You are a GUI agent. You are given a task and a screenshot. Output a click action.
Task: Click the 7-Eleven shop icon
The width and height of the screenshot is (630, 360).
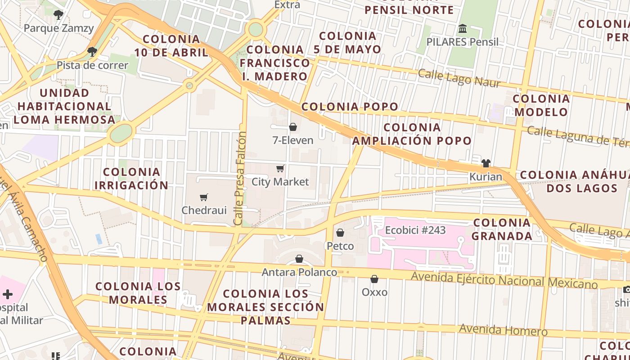293,127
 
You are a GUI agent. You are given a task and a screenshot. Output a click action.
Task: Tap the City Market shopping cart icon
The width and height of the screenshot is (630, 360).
280,169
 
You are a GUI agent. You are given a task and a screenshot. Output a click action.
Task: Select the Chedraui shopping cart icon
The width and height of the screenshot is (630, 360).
204,197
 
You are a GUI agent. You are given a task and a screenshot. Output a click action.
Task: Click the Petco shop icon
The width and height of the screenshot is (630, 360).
340,233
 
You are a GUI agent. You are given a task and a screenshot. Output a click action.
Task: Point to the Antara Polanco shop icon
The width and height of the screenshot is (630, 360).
299,259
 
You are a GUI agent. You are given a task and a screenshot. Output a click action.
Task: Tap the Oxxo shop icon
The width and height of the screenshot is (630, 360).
374,279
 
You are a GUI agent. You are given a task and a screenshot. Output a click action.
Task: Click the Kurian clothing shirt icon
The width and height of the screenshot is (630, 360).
486,163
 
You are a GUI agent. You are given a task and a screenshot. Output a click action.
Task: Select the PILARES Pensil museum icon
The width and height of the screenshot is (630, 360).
462,29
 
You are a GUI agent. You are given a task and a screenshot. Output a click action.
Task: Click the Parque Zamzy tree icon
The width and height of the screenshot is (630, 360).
58,15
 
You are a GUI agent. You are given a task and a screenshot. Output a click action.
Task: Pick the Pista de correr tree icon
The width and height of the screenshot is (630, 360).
92,52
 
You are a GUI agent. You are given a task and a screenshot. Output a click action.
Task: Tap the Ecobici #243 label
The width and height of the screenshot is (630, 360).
415,230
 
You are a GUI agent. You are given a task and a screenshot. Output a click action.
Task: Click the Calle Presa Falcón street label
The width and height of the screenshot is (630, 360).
240,179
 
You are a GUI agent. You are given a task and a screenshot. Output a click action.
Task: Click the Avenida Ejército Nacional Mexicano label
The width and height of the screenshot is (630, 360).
504,280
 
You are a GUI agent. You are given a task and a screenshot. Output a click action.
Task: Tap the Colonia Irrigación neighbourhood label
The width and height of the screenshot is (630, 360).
131,178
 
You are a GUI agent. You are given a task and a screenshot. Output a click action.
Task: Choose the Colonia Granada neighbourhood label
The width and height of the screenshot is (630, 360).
502,229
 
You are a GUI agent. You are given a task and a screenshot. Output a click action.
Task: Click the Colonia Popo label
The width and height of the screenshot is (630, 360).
350,107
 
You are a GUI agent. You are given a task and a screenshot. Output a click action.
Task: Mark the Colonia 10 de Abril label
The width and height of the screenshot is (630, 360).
171,45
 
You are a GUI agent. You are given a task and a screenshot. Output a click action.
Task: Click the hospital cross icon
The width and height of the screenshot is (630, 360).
8,294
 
